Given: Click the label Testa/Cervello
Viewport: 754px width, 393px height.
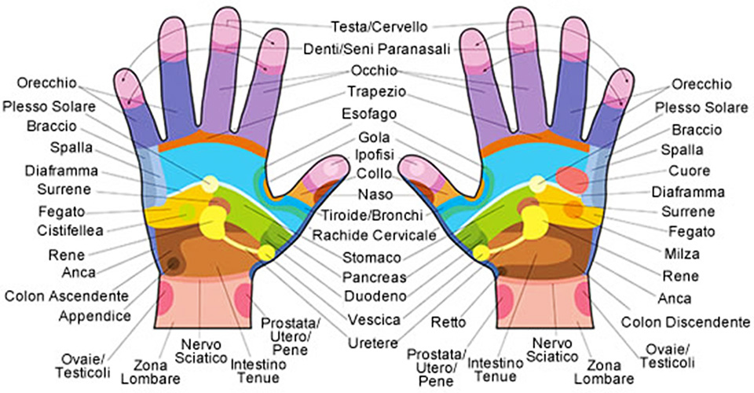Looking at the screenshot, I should [x=379, y=26].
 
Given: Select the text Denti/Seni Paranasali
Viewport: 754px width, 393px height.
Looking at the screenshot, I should [x=378, y=50].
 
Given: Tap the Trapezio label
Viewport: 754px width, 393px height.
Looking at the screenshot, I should [x=376, y=90].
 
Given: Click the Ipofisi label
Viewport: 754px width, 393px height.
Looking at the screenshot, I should [x=375, y=155].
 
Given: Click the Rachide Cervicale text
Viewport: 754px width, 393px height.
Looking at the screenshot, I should [x=374, y=235].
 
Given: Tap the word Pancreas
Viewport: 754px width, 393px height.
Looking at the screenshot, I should [x=374, y=277].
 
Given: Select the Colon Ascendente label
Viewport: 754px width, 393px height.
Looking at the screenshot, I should [x=66, y=296].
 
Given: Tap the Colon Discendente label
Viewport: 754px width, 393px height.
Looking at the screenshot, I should [x=684, y=322].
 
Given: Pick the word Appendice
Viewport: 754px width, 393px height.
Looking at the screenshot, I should [x=94, y=316].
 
